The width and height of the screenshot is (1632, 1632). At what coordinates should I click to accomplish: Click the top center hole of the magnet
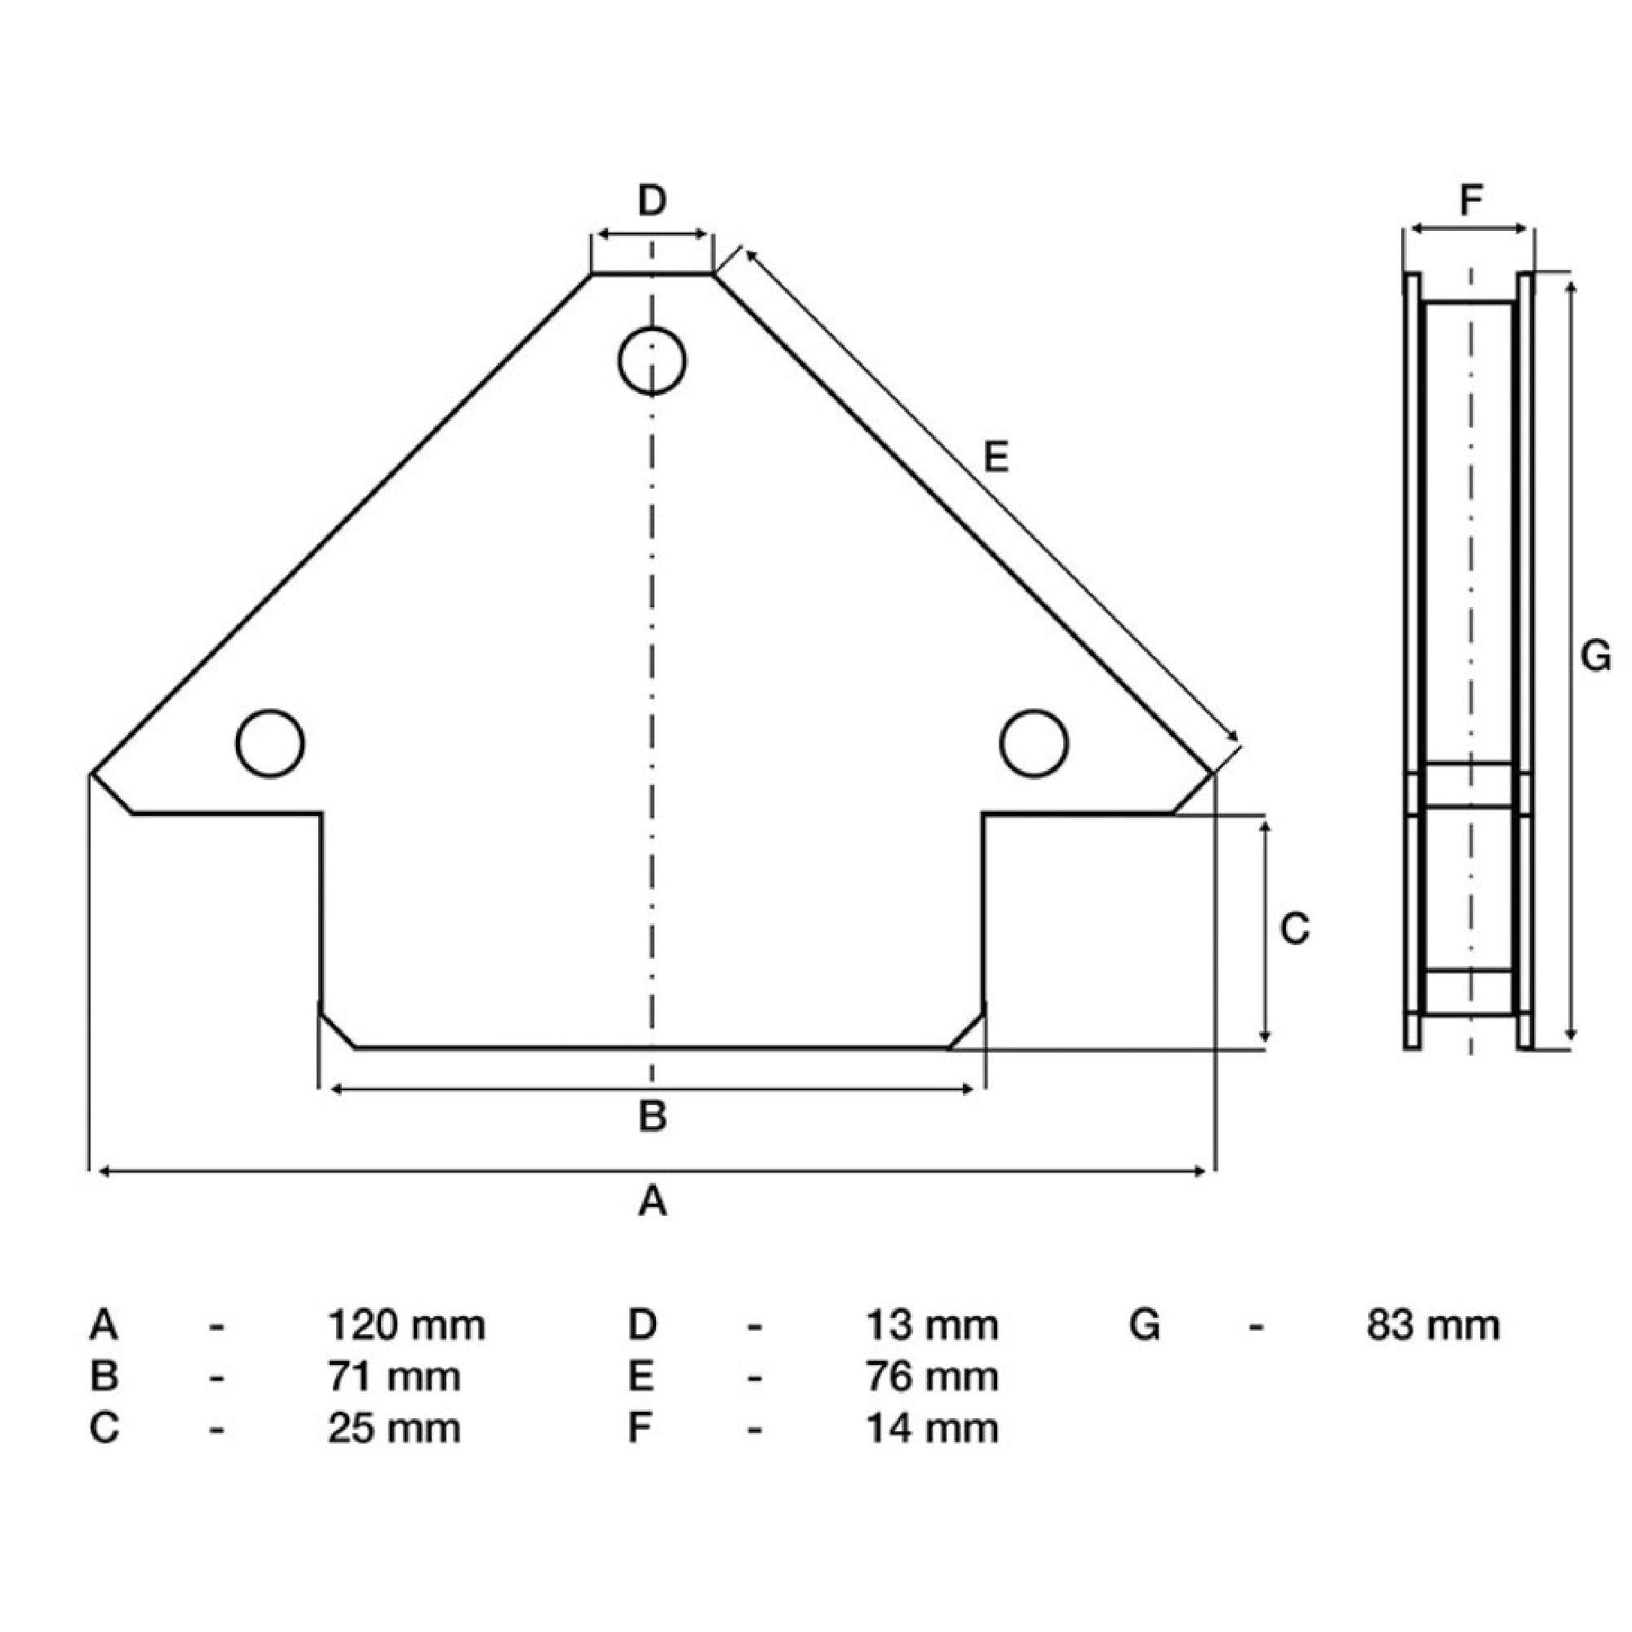[651, 361]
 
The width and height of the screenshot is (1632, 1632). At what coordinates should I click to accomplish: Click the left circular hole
[270, 743]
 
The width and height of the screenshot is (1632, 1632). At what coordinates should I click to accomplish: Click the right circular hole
[1033, 743]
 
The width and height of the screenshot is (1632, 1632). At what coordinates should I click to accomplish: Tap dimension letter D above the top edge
[651, 201]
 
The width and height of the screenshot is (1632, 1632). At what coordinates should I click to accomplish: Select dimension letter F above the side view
[1470, 201]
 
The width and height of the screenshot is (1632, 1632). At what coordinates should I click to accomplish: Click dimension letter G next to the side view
[1594, 656]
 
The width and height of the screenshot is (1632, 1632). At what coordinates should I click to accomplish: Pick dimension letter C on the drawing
[1294, 929]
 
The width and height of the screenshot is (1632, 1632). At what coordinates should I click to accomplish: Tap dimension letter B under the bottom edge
[651, 1115]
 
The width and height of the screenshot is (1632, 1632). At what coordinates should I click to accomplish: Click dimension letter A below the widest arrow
[651, 1200]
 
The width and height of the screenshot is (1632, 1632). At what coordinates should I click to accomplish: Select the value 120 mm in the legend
[406, 1325]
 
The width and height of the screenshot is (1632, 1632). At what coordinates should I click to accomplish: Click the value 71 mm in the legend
[394, 1377]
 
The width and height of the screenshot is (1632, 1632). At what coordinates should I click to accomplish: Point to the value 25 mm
[394, 1429]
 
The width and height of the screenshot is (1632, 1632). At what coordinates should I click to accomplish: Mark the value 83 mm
[1433, 1325]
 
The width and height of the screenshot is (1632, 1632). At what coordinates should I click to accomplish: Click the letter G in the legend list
[1145, 1325]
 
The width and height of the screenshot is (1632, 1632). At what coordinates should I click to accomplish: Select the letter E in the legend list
[641, 1377]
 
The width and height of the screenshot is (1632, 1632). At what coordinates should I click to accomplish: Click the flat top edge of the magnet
[651, 273]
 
